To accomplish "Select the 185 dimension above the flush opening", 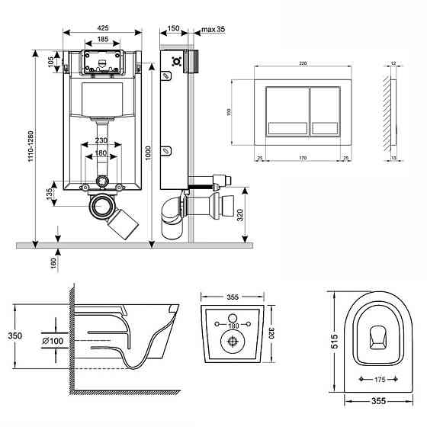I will point(101,39).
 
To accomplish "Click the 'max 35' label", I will point(213,30).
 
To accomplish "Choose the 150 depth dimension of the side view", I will point(173,29).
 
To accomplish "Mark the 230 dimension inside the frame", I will point(101,140).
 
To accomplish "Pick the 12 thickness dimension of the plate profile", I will point(392,63).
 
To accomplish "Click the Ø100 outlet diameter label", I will point(52,339).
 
